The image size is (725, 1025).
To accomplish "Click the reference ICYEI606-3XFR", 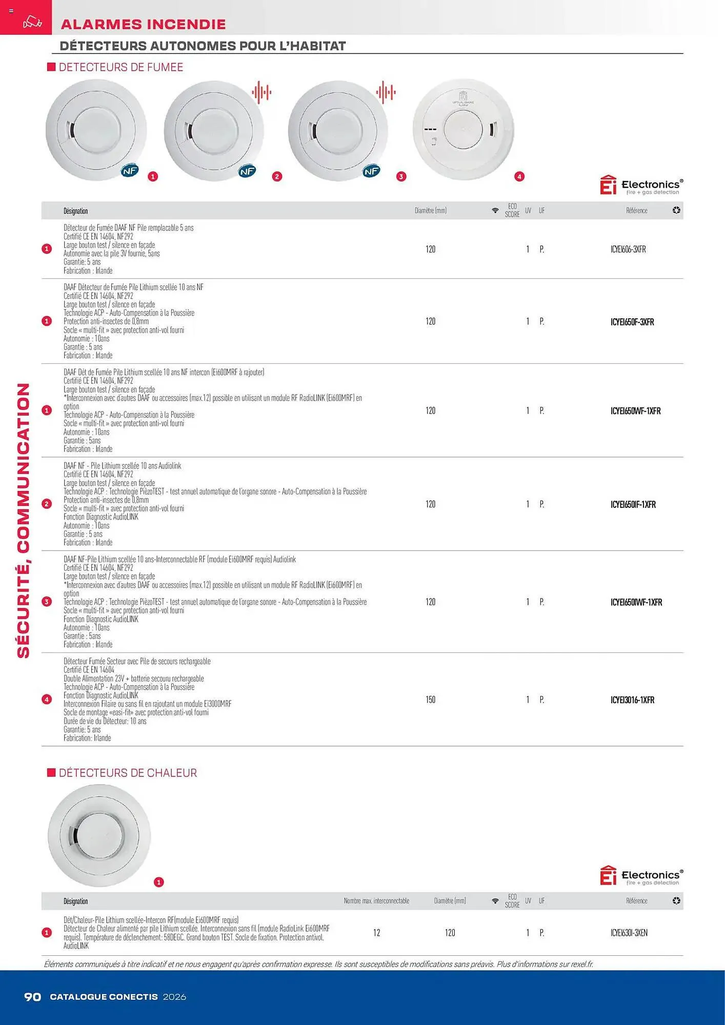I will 628,250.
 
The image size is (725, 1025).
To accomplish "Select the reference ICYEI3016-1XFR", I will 632,700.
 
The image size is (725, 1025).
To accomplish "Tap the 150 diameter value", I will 430,700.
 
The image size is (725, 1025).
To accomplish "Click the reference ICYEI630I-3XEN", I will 629,933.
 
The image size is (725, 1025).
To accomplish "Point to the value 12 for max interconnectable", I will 376,933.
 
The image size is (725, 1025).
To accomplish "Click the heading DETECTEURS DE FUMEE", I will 120,67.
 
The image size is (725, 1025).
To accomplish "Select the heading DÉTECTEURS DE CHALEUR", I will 128,773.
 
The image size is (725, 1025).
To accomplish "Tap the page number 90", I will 33,997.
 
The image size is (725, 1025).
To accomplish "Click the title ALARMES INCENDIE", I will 143,24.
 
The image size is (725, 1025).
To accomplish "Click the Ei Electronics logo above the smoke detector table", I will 641,186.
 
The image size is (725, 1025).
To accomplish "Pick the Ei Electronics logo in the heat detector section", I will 641,876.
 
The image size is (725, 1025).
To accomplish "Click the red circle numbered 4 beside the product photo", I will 519,176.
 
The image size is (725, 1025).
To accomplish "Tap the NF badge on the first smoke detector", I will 130,171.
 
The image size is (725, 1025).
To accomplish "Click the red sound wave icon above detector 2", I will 261,93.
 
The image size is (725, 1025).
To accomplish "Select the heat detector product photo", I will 99,835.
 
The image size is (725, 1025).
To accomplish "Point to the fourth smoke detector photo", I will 463,130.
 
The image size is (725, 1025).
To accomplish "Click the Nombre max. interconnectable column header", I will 376,901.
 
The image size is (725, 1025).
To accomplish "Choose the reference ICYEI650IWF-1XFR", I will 636,602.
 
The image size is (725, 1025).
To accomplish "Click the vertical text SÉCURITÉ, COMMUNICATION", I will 24,520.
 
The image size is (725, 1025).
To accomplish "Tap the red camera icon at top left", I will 32,23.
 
